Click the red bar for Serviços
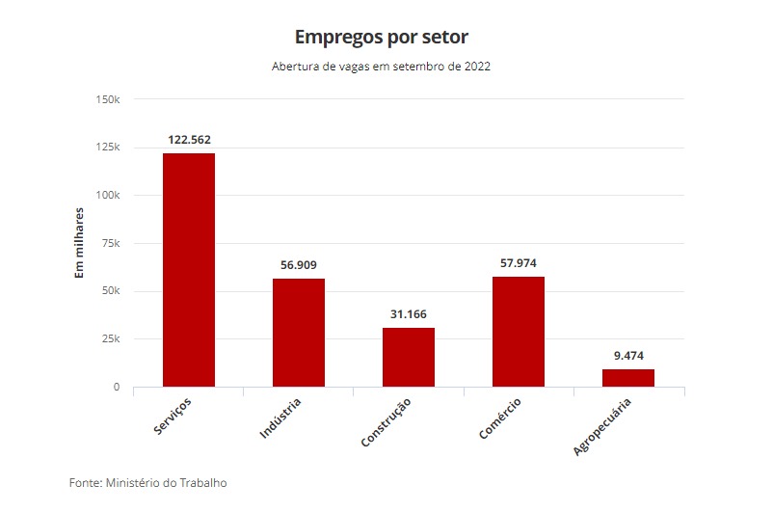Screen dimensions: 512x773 coord(189,270)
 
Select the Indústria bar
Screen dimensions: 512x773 coord(299,333)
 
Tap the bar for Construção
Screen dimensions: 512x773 coord(409,358)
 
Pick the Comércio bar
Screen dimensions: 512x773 coord(519,332)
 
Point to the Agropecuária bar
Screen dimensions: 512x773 coord(628,378)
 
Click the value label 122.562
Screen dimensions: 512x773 coord(189,140)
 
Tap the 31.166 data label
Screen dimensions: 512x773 coord(409,314)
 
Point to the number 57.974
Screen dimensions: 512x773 coord(519,263)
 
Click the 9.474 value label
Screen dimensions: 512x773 coord(628,356)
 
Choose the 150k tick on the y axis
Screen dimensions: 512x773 coord(107,99)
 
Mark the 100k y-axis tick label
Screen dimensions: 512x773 coord(107,196)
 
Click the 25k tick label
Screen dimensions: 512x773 coord(110,339)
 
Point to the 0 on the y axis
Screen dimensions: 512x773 coord(117,388)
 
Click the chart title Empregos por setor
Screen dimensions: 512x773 coord(382,38)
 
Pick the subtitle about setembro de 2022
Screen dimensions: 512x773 coord(382,67)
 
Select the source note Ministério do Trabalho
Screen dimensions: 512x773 coord(148,482)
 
